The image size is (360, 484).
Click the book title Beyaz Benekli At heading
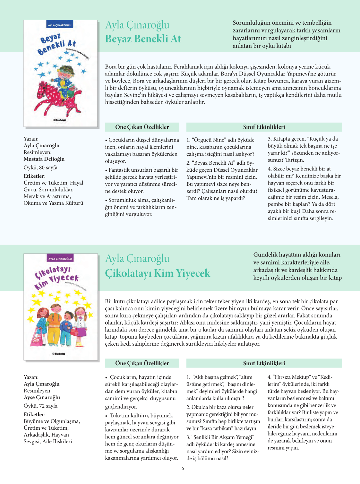[x=143, y=39]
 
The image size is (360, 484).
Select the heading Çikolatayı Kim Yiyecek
[x=158, y=273]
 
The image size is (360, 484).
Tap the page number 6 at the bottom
[x=183, y=469]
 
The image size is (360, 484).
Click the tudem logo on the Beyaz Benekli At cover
[x=60, y=120]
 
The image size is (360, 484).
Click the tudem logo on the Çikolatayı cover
[x=59, y=354]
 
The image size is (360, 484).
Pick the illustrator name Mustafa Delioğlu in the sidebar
[x=44, y=159]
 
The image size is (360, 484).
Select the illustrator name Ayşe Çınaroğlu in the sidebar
[x=42, y=397]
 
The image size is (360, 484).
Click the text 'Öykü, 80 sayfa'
[x=40, y=168]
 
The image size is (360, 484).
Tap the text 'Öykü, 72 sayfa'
[x=40, y=406]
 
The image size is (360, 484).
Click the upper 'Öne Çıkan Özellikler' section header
[x=142, y=127]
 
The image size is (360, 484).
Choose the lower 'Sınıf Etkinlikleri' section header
[x=264, y=363]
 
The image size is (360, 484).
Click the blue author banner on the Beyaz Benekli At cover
[x=60, y=25]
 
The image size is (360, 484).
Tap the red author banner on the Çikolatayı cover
[x=60, y=258]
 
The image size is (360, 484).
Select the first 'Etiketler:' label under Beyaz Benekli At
[x=35, y=176]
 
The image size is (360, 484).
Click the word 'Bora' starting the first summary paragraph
[x=111, y=67]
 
